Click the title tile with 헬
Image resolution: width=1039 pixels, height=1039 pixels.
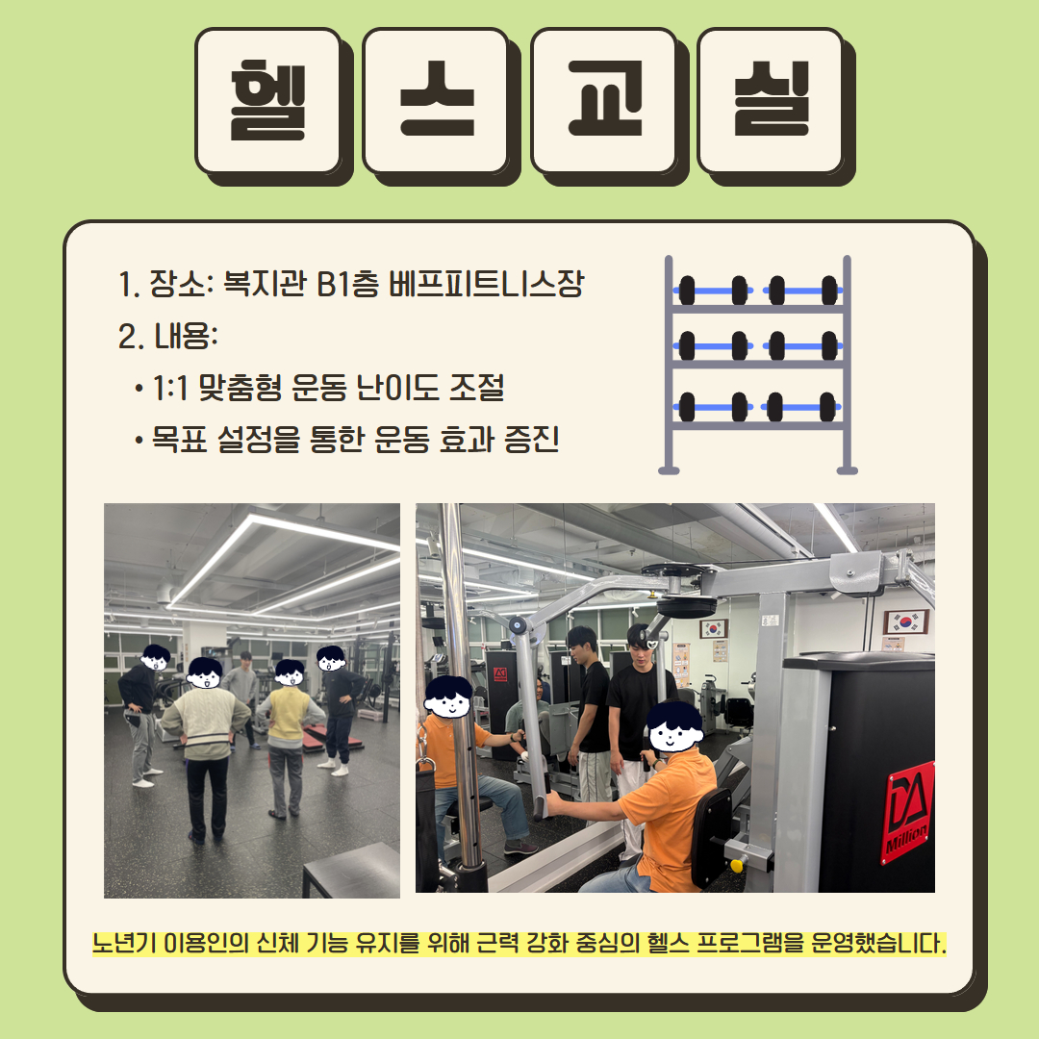click(268, 101)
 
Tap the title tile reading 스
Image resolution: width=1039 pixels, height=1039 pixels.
click(436, 101)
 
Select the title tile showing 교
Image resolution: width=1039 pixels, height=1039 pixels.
click(603, 101)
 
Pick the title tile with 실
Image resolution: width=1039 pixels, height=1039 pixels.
click(771, 101)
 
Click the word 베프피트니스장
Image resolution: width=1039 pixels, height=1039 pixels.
click(487, 284)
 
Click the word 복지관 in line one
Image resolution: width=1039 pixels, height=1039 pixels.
click(265, 284)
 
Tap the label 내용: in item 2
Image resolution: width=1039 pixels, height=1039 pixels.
click(187, 336)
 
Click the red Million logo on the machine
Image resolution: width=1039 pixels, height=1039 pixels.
click(907, 813)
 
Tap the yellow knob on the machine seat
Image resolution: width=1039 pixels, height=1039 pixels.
click(736, 866)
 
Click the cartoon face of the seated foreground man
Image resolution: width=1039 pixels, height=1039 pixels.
click(674, 728)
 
